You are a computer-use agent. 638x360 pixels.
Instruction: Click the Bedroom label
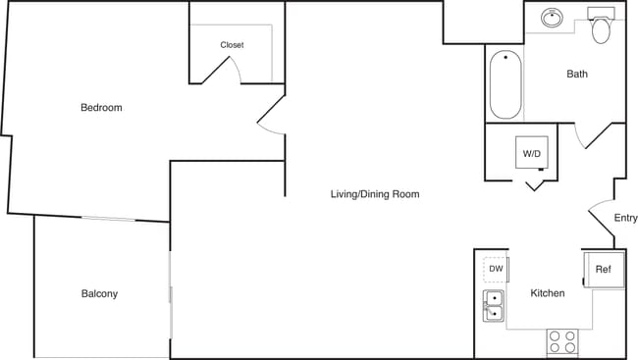(x=101, y=108)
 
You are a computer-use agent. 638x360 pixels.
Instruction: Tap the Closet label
(x=232, y=45)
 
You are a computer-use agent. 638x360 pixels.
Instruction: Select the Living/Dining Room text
(x=374, y=194)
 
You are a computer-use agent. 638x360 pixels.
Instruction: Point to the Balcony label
(x=99, y=294)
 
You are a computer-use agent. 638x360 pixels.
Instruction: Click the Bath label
(x=577, y=74)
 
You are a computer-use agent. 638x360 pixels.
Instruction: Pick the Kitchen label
(x=547, y=293)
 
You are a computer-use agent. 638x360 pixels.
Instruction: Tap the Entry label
(x=625, y=218)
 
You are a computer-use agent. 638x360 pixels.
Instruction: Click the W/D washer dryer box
(x=532, y=153)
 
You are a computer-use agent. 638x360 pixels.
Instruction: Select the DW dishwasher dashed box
(x=496, y=269)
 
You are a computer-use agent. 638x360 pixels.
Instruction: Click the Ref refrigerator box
(x=603, y=269)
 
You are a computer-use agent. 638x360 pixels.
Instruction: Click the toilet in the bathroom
(x=601, y=27)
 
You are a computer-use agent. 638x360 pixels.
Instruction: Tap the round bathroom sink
(x=553, y=18)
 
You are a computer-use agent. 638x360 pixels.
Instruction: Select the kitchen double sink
(x=494, y=306)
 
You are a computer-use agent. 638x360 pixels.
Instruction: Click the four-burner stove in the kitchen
(x=562, y=341)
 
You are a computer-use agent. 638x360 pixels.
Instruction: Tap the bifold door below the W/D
(x=535, y=183)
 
